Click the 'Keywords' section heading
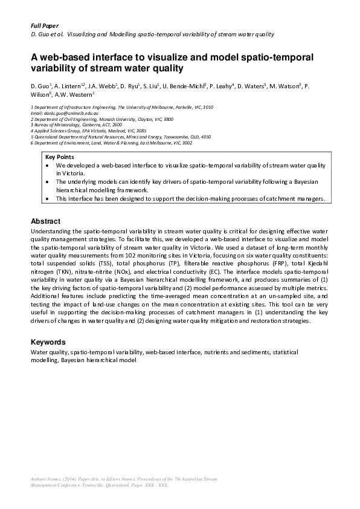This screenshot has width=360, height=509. tap(48, 342)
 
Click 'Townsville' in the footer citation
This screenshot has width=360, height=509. tap(92, 485)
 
